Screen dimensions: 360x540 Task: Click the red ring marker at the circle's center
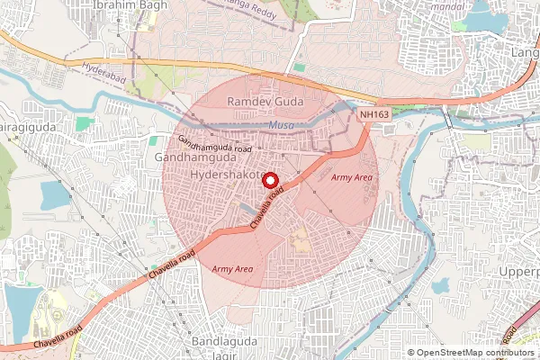click(x=269, y=180)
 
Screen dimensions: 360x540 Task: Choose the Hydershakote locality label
click(x=229, y=173)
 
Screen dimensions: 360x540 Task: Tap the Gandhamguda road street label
click(x=213, y=145)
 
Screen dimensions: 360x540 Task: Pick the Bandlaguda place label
click(x=224, y=343)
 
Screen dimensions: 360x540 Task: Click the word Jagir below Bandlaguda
click(x=205, y=356)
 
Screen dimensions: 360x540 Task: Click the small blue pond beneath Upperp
click(x=440, y=287)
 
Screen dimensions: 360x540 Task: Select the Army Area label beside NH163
click(x=351, y=178)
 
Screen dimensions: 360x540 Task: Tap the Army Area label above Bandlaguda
click(x=231, y=269)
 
